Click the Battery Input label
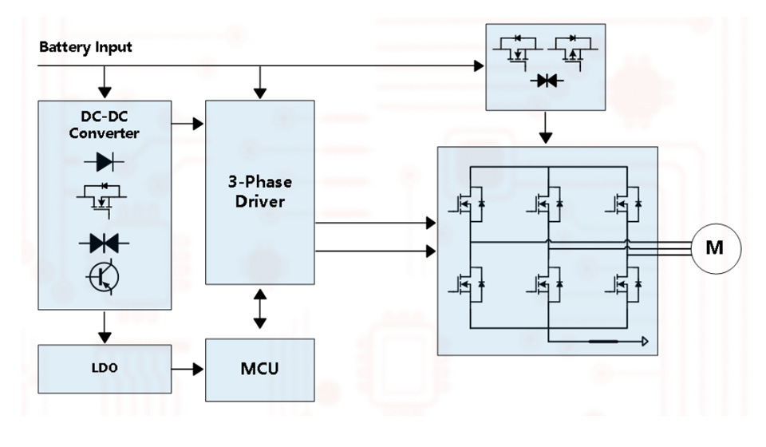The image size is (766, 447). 85,47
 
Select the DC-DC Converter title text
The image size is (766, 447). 104,125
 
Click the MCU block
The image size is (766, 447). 260,370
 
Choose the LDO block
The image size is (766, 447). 105,370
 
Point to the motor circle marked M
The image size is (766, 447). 714,247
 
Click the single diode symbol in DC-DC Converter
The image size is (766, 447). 104,162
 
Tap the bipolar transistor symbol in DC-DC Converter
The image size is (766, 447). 104,276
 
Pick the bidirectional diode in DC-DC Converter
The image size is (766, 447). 104,243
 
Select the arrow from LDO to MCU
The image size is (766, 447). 188,370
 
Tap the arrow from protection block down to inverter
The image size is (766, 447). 546,128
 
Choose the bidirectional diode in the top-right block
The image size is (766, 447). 547,81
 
